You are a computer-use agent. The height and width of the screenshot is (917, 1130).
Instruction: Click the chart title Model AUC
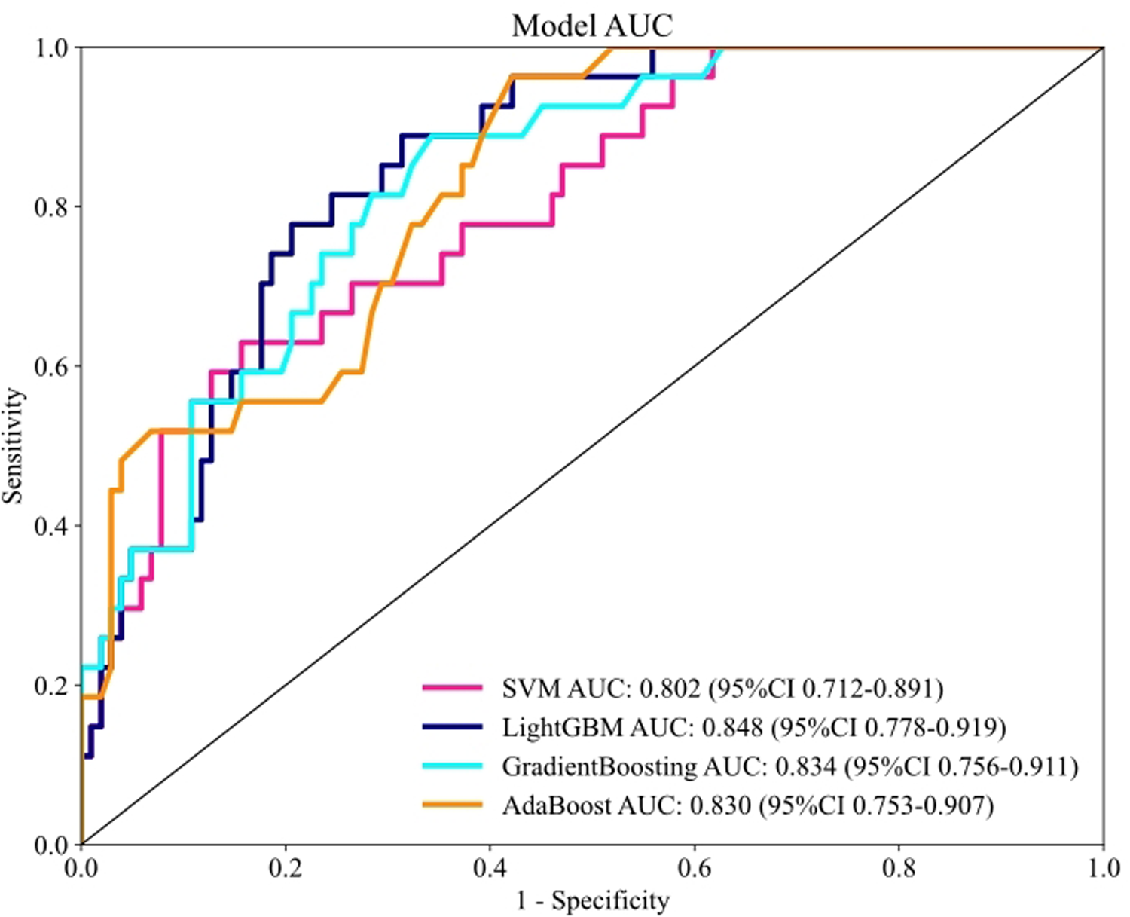click(x=592, y=26)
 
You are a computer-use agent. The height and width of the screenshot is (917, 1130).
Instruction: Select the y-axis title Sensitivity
click(x=13, y=446)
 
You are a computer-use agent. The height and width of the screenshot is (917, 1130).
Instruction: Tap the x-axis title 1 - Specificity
click(x=592, y=900)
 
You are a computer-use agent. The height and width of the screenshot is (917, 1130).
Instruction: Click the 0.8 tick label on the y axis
click(x=50, y=206)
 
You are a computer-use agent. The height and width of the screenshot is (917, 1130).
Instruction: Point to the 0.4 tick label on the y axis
click(x=50, y=525)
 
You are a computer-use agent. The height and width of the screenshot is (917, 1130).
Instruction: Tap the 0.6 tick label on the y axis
click(x=50, y=366)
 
